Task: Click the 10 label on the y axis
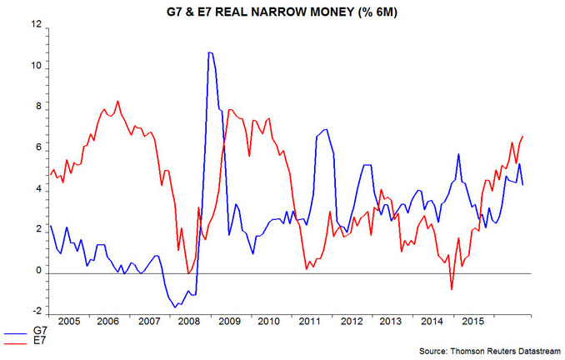(x=36, y=67)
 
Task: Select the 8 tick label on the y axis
(x=37, y=108)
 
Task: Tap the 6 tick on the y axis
(x=37, y=149)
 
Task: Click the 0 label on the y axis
(x=37, y=272)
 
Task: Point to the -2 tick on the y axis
(x=35, y=313)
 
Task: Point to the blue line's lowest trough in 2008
(x=175, y=307)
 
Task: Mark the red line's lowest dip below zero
(x=452, y=289)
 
